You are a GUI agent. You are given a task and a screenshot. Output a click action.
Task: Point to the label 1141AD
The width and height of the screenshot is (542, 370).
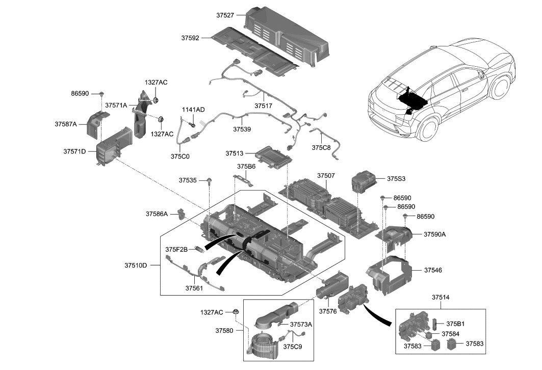tap(194, 110)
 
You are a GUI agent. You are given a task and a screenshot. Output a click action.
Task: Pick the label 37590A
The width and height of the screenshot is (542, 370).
tap(435, 234)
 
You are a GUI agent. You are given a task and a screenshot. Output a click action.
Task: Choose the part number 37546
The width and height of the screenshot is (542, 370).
tap(433, 270)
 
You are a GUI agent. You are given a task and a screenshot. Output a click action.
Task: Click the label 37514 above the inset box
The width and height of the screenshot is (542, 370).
tap(441, 297)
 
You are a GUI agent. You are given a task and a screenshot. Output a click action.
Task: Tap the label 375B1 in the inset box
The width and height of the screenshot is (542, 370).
tap(455, 323)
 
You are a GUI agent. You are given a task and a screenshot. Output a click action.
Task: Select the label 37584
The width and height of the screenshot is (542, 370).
tap(450, 334)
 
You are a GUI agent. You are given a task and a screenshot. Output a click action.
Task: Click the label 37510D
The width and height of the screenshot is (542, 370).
tap(136, 266)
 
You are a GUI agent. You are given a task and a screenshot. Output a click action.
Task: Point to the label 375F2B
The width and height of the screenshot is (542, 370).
tap(176, 249)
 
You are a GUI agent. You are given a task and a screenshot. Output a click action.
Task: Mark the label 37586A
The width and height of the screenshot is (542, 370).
tap(157, 214)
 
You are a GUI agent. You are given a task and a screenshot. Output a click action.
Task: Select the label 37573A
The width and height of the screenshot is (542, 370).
tap(301, 324)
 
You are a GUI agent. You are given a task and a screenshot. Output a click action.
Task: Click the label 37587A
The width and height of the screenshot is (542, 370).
tap(66, 124)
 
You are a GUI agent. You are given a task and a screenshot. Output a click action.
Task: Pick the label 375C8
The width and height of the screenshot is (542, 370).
tap(321, 148)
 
